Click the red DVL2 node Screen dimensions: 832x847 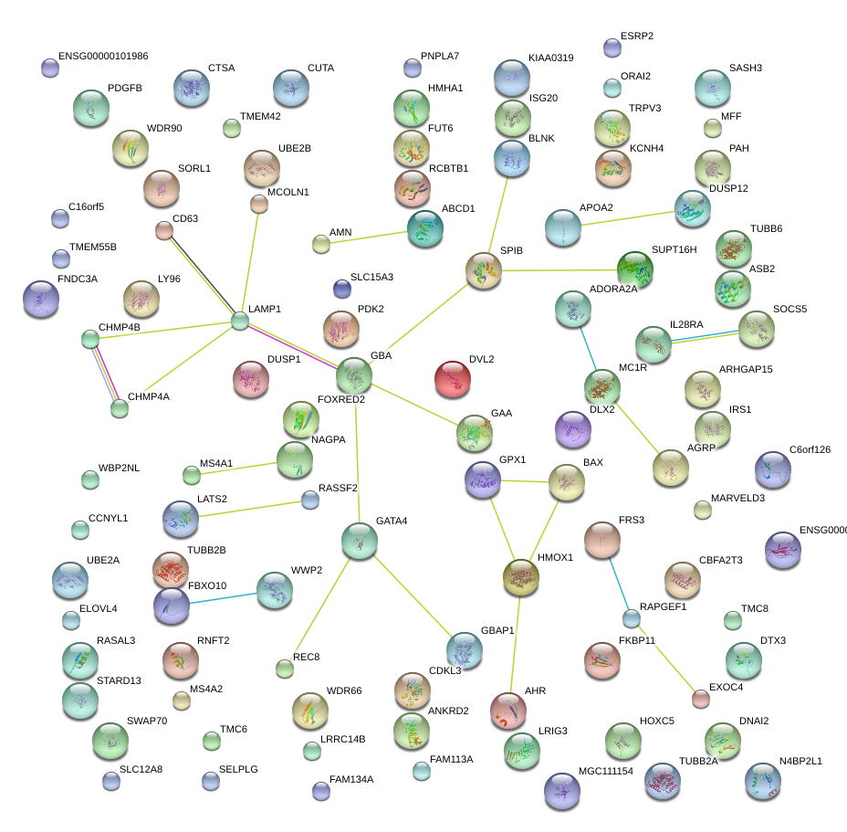coord(454,379)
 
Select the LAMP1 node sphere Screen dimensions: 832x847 coord(239,321)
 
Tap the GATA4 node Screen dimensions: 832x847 coord(360,541)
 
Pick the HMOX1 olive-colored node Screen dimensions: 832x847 coord(521,577)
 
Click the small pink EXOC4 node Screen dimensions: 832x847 coord(700,699)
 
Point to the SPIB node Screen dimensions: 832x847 coord(484,270)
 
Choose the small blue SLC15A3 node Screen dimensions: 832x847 coord(342,289)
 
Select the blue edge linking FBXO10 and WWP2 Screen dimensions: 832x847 coord(224,599)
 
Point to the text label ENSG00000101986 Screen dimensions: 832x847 coord(103,56)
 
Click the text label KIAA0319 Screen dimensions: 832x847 coord(550,58)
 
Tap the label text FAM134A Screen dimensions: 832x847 coord(351,779)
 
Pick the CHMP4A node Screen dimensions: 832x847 coord(120,408)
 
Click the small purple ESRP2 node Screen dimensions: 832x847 coord(612,47)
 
